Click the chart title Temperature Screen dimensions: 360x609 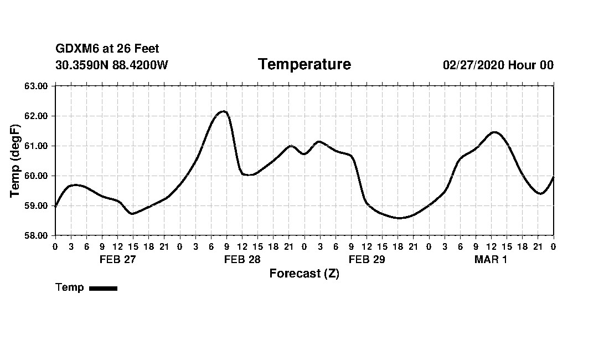[304, 65]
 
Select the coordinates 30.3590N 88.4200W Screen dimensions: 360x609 [111, 65]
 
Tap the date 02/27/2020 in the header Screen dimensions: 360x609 [473, 65]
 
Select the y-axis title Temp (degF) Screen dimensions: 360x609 [16, 161]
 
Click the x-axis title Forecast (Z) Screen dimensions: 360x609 [304, 274]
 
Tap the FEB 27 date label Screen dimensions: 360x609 [117, 259]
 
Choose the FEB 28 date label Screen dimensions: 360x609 [242, 259]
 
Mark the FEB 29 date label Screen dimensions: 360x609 [367, 259]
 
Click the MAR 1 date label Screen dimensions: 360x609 [491, 259]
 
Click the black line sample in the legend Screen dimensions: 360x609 [103, 288]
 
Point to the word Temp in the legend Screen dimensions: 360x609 [70, 287]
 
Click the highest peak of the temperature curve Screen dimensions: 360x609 [223, 111]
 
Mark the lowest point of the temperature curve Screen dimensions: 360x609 [399, 218]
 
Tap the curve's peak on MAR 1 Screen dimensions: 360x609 [494, 132]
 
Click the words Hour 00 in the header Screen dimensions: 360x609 [530, 65]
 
